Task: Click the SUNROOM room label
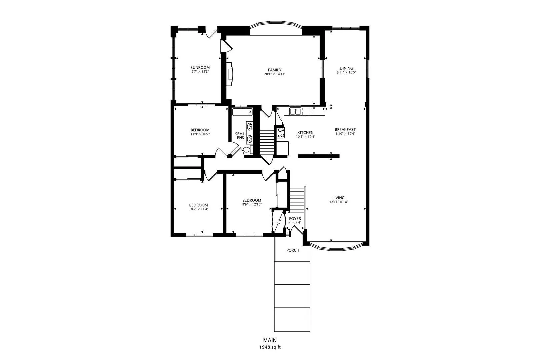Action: click(200, 68)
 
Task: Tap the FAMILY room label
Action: click(275, 70)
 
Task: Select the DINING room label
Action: click(346, 68)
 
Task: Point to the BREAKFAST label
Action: click(345, 129)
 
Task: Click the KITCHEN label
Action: click(305, 133)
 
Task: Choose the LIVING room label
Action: click(338, 198)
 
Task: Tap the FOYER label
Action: click(295, 219)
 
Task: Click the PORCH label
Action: click(293, 250)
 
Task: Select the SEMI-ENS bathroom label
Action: click(240, 136)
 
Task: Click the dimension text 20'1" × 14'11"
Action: click(275, 74)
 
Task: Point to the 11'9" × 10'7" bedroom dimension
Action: click(200, 134)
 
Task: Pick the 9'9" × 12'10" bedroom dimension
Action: click(252, 204)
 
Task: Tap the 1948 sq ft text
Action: click(270, 347)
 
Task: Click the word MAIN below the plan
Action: click(270, 340)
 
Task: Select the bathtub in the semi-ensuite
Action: click(243, 112)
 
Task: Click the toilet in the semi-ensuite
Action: click(248, 149)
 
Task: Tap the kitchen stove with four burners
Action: click(281, 133)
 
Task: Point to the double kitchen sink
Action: click(295, 111)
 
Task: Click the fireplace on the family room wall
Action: click(230, 74)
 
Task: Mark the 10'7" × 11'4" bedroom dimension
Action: click(198, 209)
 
